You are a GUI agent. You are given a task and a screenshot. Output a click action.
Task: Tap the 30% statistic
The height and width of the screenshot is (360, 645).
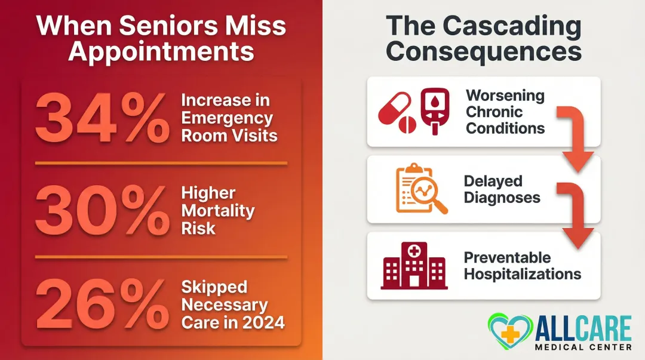tap(102, 211)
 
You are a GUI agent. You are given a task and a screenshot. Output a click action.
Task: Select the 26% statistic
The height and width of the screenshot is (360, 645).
tap(102, 304)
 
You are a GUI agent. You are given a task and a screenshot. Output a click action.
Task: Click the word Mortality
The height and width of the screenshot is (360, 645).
tap(218, 211)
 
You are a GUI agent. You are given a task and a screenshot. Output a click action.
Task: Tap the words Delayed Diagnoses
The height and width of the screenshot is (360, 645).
tap(502, 189)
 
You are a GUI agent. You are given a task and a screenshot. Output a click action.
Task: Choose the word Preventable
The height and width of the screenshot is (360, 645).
tap(507, 258)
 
